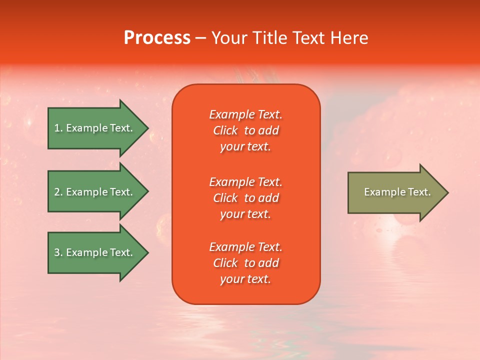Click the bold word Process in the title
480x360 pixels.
157,38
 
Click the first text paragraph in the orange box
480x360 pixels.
245,130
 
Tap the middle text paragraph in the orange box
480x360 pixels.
245,198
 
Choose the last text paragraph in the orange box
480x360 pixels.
245,263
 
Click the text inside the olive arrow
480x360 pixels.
397,192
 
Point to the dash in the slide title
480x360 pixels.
200,38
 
